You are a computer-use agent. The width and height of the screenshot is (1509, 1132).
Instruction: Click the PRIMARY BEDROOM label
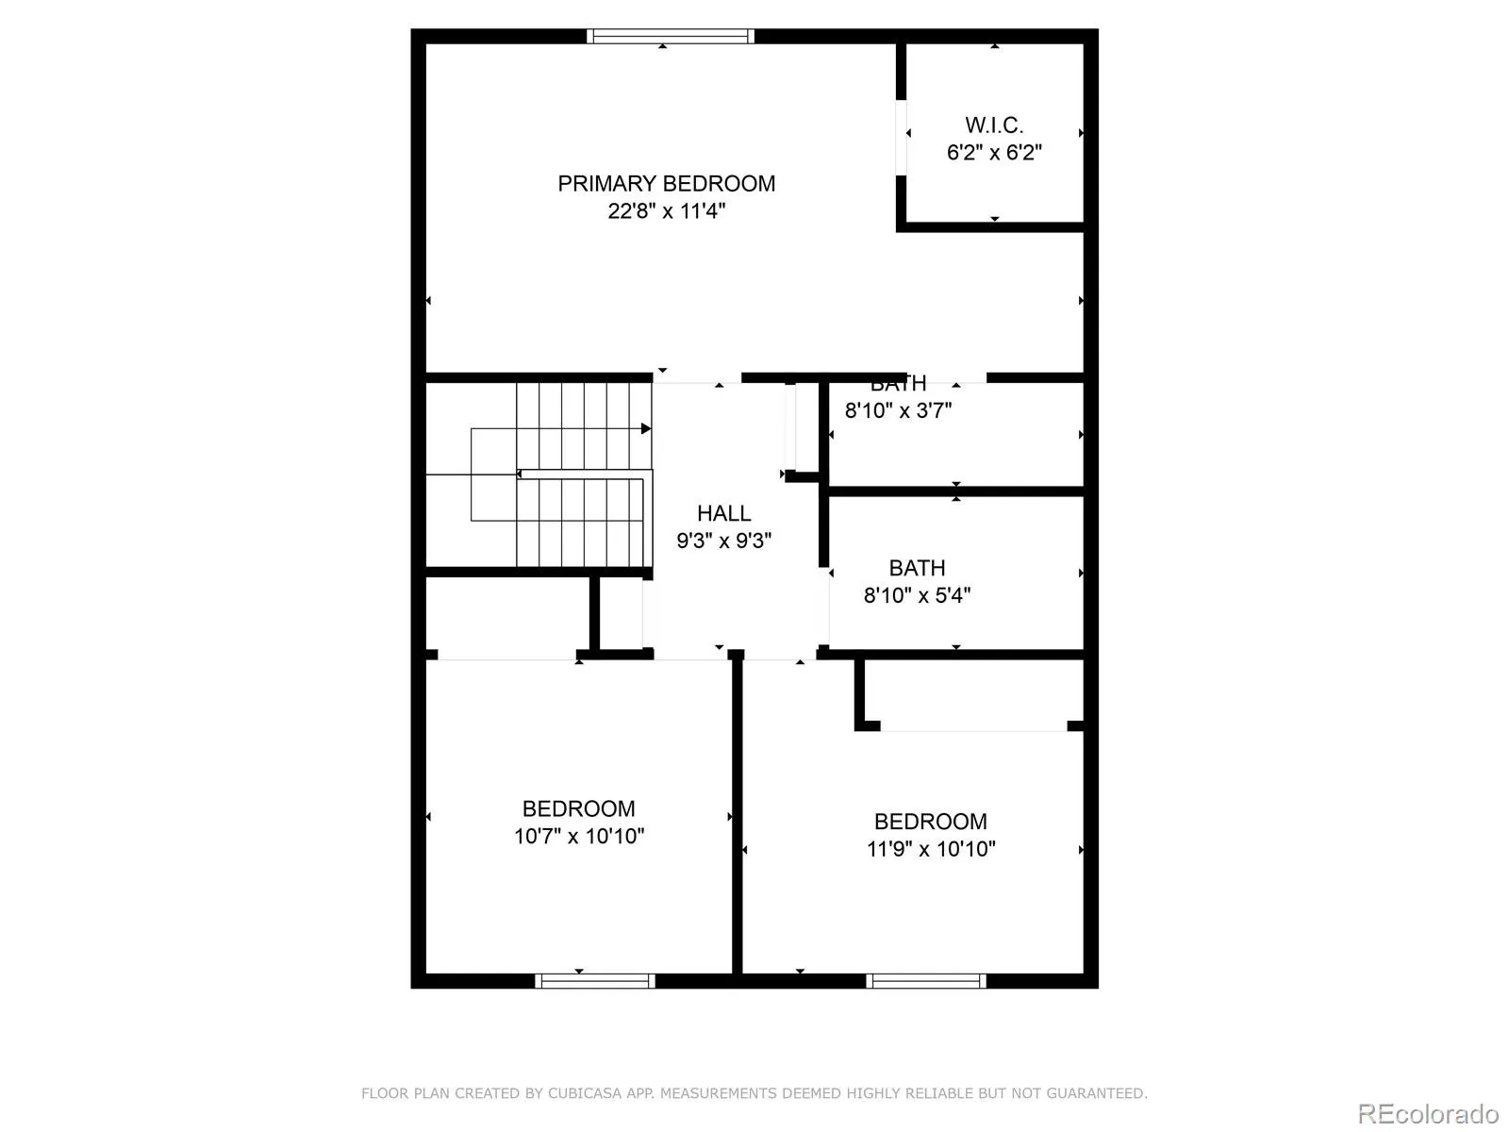(x=666, y=184)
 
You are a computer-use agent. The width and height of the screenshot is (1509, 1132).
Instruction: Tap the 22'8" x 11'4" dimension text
(x=666, y=211)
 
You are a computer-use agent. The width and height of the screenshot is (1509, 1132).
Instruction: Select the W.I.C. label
(x=994, y=125)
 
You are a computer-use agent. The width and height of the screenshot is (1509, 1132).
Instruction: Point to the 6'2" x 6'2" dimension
(x=994, y=153)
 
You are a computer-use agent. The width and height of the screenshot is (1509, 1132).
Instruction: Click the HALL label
(x=723, y=513)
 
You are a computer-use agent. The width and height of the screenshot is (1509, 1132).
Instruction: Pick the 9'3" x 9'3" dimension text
(x=723, y=541)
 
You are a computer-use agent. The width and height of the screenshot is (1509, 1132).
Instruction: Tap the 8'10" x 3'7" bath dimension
(x=898, y=410)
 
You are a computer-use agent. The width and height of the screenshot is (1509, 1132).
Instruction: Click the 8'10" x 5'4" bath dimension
(x=917, y=595)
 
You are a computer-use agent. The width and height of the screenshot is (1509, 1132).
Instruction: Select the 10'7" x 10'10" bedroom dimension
(x=579, y=836)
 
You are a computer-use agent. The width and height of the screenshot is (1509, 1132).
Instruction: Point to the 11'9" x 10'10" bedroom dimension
(x=931, y=849)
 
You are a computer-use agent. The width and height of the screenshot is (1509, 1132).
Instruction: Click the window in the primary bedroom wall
(x=670, y=37)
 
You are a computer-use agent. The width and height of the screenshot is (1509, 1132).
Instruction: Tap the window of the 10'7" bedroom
(x=595, y=981)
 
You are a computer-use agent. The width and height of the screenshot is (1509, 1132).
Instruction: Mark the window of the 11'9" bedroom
(x=926, y=981)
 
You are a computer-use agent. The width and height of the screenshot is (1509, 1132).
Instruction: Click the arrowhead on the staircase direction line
(x=646, y=429)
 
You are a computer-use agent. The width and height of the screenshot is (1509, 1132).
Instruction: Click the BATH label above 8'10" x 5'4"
(x=917, y=568)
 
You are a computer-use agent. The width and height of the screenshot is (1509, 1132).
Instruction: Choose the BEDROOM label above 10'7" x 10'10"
(x=578, y=808)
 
